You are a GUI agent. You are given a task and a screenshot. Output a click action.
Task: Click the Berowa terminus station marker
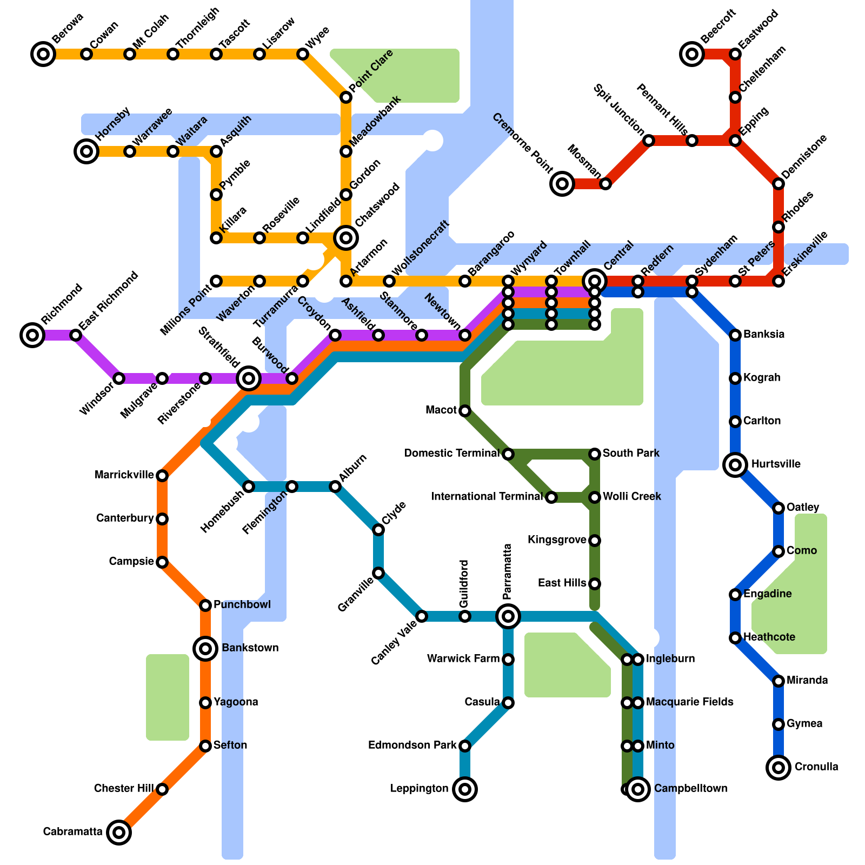(x=43, y=54)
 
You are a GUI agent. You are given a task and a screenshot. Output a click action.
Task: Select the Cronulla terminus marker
(x=778, y=767)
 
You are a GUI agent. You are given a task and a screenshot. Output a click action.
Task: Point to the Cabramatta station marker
(x=119, y=832)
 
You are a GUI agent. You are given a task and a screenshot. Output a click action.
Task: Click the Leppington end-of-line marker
(x=465, y=789)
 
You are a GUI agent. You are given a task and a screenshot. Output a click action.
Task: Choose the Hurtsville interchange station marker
(x=735, y=464)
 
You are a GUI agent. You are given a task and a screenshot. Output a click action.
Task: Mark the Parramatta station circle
(x=508, y=616)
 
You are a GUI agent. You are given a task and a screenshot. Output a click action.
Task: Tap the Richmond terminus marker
(x=32, y=335)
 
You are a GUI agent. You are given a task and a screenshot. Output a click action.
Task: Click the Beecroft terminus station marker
(x=692, y=54)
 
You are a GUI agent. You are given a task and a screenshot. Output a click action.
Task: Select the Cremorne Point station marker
(x=562, y=184)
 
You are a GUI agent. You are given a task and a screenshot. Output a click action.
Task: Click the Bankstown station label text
(x=250, y=648)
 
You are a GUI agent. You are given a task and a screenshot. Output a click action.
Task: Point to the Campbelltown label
(x=690, y=788)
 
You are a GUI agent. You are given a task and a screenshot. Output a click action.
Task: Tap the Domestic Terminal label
(x=451, y=453)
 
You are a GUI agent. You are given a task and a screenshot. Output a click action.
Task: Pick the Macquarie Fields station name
(x=689, y=702)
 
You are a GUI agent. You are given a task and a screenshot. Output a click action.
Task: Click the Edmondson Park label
(x=412, y=746)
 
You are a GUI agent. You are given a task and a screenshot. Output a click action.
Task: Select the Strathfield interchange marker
(x=249, y=378)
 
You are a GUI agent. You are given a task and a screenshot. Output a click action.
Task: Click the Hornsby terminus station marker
(x=86, y=151)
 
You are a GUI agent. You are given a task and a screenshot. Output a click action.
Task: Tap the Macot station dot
(x=465, y=411)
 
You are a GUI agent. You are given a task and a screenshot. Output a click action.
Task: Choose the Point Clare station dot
(x=346, y=97)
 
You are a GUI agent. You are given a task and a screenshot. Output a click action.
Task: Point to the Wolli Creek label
(x=631, y=496)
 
